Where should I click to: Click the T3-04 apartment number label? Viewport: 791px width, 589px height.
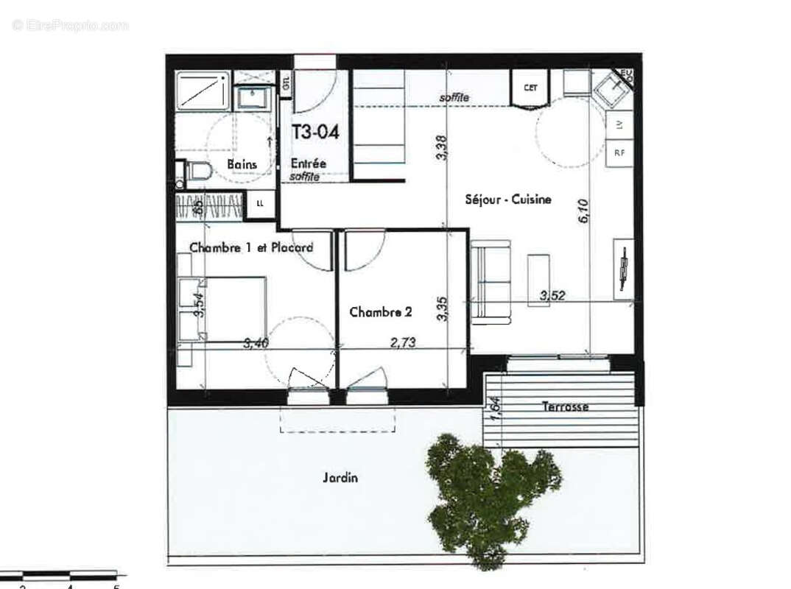click(315, 133)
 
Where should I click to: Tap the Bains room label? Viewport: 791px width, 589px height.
click(242, 164)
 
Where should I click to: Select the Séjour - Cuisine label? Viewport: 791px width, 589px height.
click(507, 200)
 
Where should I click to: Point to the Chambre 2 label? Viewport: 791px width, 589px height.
click(380, 312)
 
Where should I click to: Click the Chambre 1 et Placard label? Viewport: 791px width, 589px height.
click(250, 247)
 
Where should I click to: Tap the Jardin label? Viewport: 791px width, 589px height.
click(340, 478)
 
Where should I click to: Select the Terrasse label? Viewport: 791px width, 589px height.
click(565, 406)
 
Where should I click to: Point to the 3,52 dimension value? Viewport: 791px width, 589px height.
click(552, 296)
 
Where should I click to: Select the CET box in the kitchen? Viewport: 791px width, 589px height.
click(530, 88)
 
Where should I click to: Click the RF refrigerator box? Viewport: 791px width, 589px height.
click(619, 153)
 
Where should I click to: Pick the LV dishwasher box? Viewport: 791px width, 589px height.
click(619, 126)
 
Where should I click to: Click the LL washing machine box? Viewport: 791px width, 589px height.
click(260, 204)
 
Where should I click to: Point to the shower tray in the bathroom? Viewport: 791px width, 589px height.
click(203, 91)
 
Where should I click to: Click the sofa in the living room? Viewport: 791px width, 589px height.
click(491, 282)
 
